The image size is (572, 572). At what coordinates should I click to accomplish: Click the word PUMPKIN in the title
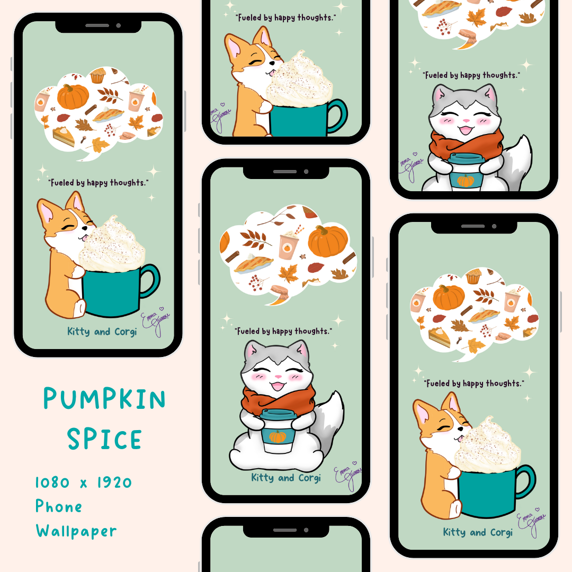(x=104, y=399)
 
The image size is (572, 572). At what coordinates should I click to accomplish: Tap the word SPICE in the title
(x=104, y=439)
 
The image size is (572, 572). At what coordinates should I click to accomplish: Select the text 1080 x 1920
(x=84, y=482)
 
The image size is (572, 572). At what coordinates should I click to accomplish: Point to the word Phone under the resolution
(x=59, y=506)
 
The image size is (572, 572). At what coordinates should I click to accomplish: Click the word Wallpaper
(x=76, y=530)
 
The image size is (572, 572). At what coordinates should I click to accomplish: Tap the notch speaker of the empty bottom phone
(x=285, y=530)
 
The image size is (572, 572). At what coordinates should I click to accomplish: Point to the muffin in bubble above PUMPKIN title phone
(x=98, y=76)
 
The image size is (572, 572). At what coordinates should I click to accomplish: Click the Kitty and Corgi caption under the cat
(x=286, y=478)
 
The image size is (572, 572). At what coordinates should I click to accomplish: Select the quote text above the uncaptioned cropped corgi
(x=285, y=17)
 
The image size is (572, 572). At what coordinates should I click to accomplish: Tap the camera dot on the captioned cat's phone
(x=306, y=172)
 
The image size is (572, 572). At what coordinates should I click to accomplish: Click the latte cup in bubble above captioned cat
(x=289, y=245)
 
